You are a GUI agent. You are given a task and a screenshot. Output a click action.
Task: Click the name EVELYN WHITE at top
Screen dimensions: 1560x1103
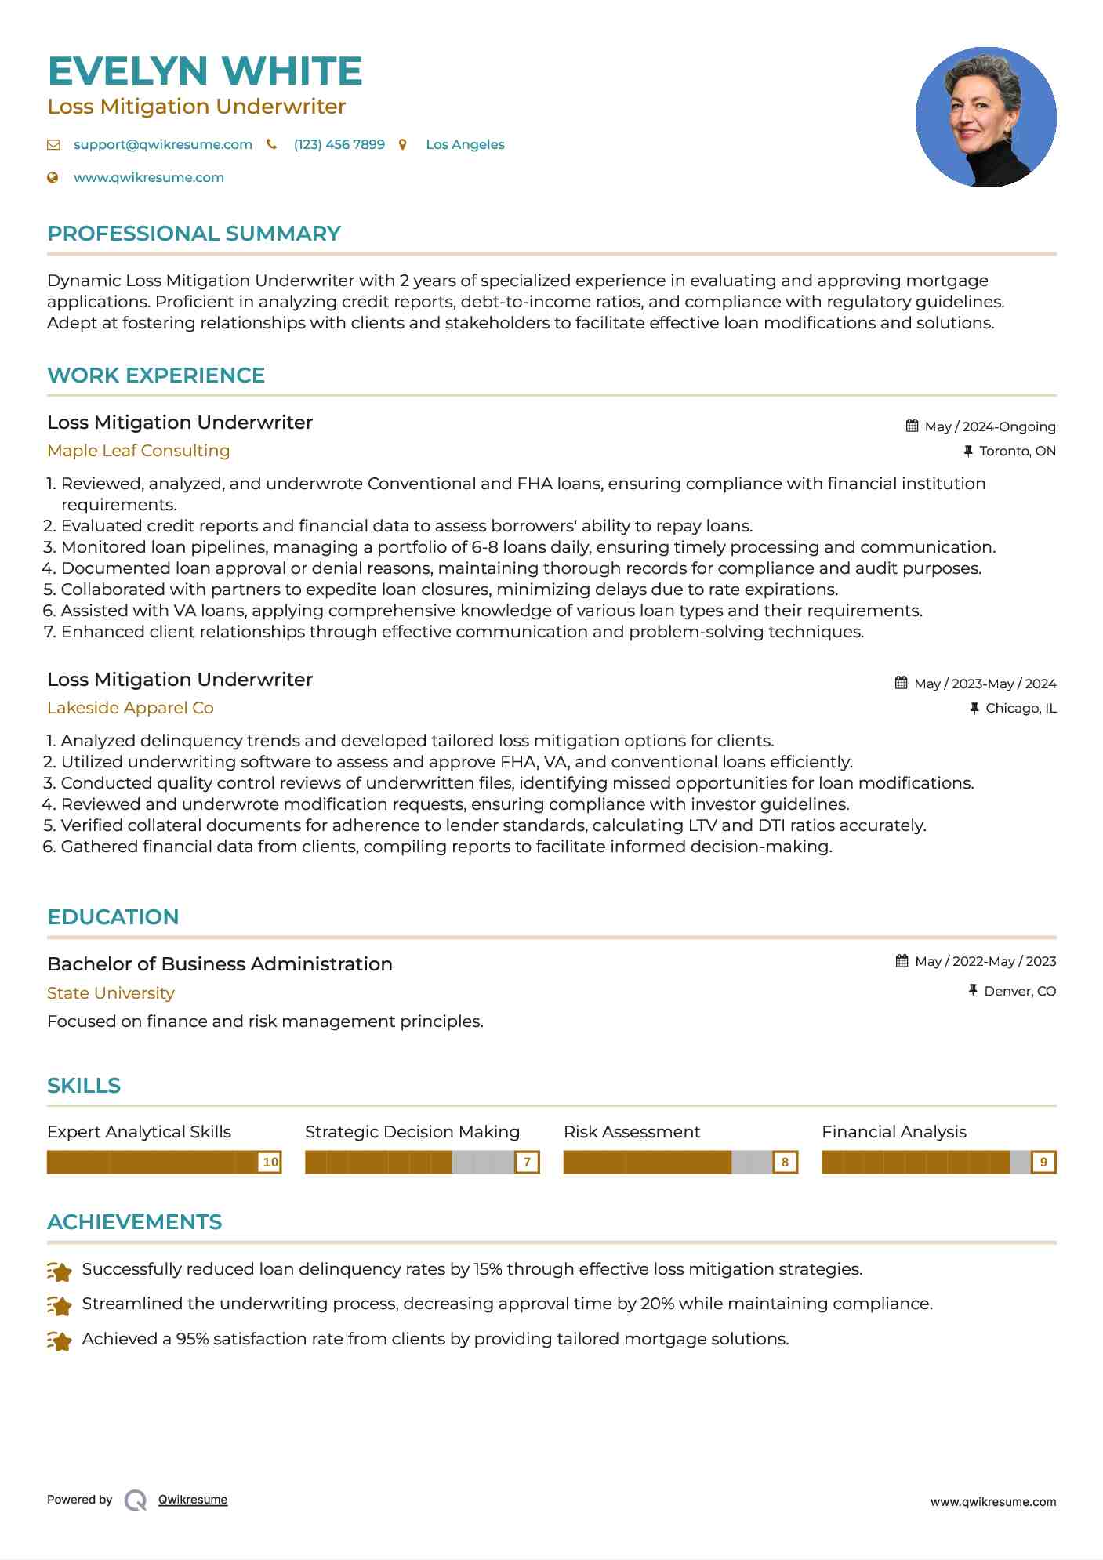pyautogui.click(x=205, y=71)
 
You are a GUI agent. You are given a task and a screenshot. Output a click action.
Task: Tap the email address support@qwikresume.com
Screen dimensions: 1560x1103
pyautogui.click(x=162, y=144)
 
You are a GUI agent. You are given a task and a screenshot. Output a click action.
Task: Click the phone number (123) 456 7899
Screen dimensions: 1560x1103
pyautogui.click(x=339, y=144)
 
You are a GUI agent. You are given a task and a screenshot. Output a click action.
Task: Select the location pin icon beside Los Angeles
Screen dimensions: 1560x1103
pyautogui.click(x=403, y=144)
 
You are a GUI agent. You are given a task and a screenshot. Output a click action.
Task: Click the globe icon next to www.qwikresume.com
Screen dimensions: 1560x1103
pyautogui.click(x=53, y=177)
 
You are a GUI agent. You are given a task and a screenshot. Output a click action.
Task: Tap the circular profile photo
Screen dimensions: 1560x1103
pyautogui.click(x=985, y=117)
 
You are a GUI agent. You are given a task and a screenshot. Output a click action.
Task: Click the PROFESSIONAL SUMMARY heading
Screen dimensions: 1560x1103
pyautogui.click(x=194, y=234)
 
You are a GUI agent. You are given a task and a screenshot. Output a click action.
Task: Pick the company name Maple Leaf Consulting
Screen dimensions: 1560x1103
pyautogui.click(x=138, y=451)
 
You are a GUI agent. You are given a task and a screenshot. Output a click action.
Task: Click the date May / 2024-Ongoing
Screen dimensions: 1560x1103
pyautogui.click(x=989, y=426)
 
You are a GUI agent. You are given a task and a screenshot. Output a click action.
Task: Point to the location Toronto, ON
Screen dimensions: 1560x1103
pyautogui.click(x=1017, y=451)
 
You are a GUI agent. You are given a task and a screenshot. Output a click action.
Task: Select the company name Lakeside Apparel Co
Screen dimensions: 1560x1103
pyautogui.click(x=130, y=708)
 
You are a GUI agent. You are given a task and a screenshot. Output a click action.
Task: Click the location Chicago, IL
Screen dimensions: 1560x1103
pyautogui.click(x=1020, y=708)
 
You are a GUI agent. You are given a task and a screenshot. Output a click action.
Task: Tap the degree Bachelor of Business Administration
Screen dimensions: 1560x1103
pyautogui.click(x=220, y=964)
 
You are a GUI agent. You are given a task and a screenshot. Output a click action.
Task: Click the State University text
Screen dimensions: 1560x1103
pyautogui.click(x=111, y=993)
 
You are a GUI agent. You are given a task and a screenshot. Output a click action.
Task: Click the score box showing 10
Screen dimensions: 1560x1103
pyautogui.click(x=270, y=1162)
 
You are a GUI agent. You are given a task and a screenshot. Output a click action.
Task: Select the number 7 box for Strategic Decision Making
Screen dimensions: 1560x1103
pyautogui.click(x=528, y=1162)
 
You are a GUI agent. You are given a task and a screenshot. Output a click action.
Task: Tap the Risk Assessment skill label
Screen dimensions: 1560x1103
pyautogui.click(x=631, y=1132)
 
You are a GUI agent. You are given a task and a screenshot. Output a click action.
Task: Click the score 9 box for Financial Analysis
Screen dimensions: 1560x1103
pyautogui.click(x=1043, y=1162)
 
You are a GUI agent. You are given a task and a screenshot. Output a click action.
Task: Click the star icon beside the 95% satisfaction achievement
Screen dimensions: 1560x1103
pyautogui.click(x=60, y=1341)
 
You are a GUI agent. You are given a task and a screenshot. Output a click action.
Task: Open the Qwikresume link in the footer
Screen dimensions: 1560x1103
pyautogui.click(x=192, y=1500)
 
